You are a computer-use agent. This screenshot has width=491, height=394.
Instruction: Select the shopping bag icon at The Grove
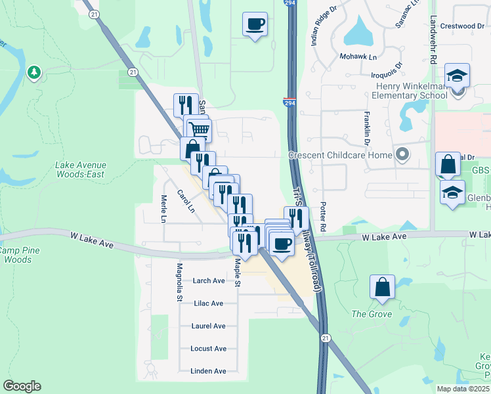(382, 287)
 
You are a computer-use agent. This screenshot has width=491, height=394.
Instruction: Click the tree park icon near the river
(34, 72)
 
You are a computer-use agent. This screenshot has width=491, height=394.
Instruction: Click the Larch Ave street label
(209, 280)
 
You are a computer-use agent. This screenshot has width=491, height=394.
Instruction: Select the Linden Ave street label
(208, 371)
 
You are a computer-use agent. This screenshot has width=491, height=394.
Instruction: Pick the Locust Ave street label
(208, 349)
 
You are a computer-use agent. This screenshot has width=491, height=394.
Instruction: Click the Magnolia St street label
(179, 282)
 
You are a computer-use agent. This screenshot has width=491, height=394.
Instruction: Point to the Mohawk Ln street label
(358, 57)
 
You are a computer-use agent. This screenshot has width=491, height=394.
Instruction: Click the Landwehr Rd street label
(433, 39)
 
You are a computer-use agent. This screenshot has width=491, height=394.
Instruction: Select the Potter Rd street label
(322, 217)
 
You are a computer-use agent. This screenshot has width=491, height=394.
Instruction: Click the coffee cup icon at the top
(255, 25)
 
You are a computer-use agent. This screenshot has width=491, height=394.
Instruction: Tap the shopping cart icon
(198, 128)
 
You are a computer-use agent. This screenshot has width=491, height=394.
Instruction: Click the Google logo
(22, 386)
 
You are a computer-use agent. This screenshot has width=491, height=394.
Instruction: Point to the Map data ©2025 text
(463, 389)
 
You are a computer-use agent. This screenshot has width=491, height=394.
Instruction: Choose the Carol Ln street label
(186, 201)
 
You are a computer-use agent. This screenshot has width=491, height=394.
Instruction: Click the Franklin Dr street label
(367, 128)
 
